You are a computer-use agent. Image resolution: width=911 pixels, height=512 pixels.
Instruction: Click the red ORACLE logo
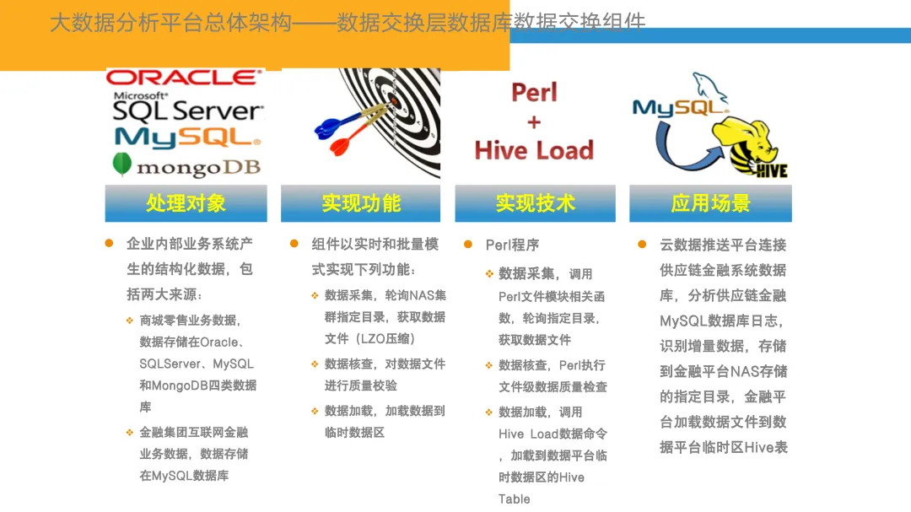tap(184, 78)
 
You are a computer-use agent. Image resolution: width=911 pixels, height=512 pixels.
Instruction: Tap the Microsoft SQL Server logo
tap(187, 107)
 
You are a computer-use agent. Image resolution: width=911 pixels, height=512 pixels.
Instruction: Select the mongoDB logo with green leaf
tap(186, 166)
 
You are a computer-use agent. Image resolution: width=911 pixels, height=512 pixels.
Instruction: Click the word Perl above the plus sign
tap(534, 92)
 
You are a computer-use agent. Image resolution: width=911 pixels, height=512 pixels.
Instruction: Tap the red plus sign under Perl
tap(534, 121)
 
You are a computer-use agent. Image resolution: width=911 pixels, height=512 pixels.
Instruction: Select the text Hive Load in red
tap(534, 150)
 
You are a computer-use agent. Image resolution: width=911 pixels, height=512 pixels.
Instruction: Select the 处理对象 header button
tap(186, 203)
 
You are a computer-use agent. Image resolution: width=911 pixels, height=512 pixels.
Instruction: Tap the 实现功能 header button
tap(360, 203)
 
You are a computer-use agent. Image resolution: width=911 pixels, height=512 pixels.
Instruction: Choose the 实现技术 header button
tap(535, 203)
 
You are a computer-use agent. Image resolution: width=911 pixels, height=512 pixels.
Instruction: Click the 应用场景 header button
tap(710, 203)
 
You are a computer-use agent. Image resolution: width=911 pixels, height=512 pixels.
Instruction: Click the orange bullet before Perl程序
tap(468, 244)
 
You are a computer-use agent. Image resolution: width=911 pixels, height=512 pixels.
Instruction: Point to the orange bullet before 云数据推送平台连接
tap(642, 244)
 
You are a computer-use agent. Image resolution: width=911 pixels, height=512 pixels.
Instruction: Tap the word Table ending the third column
tap(514, 499)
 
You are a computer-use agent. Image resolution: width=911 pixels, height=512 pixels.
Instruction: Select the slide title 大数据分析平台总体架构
tap(168, 23)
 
